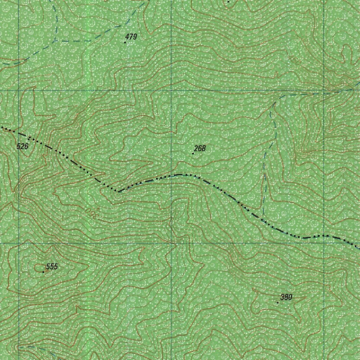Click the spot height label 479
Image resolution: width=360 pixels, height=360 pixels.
(131, 37)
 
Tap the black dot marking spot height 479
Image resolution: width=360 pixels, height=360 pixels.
(125, 42)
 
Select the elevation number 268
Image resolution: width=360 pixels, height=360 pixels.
(200, 148)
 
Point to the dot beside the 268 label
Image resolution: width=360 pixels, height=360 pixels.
(193, 154)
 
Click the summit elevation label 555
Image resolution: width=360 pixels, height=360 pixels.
(52, 266)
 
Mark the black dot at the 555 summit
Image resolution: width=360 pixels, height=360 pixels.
(43, 272)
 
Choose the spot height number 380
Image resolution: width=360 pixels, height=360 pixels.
(287, 297)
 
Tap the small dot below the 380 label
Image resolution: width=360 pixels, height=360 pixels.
(278, 302)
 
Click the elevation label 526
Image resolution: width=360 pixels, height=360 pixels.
(22, 146)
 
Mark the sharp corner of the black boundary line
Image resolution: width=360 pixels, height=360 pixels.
(118, 192)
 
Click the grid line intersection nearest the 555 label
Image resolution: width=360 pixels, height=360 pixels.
(19, 243)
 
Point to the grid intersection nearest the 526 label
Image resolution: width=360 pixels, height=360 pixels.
(19, 90)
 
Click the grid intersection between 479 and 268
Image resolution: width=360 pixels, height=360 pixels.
(172, 90)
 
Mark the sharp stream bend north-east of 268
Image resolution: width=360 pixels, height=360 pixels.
(275, 103)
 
